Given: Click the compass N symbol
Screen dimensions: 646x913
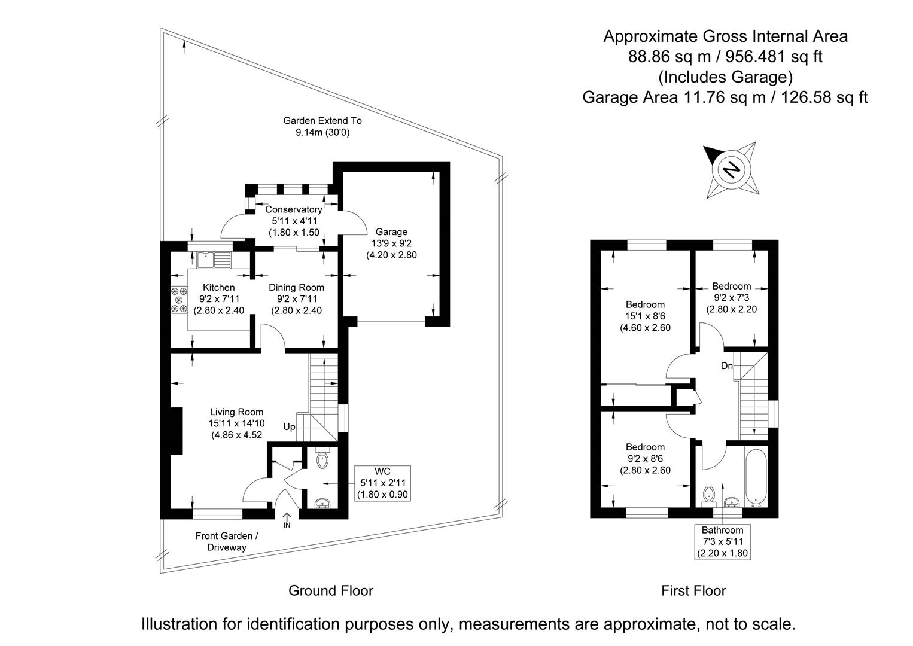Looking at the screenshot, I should click(x=730, y=170).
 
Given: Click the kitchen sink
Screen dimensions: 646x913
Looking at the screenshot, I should click(x=213, y=260).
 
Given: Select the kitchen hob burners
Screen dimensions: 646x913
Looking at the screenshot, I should click(x=179, y=300).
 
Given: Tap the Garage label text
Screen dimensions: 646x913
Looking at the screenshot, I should click(x=391, y=232).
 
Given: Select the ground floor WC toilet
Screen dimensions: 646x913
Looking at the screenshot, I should click(x=322, y=460).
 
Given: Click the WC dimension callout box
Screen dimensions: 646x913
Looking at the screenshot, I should click(x=383, y=483).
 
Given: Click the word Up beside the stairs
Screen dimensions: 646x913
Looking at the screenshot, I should click(x=289, y=427).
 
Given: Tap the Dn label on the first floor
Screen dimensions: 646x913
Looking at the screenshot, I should click(x=726, y=366).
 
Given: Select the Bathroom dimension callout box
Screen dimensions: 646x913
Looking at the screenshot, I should click(x=722, y=541).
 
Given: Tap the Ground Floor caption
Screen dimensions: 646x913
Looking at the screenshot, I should click(x=331, y=591).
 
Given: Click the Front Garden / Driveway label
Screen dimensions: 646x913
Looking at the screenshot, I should click(x=227, y=541).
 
